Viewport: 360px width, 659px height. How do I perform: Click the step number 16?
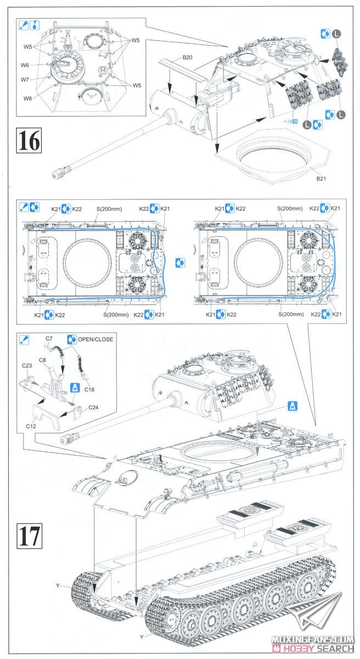pyautogui.click(x=29, y=140)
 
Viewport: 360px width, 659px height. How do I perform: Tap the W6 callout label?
pyautogui.click(x=25, y=65)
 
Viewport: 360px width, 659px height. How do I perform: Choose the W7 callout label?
pyautogui.click(x=25, y=80)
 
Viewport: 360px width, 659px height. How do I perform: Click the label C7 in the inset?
pyautogui.click(x=49, y=339)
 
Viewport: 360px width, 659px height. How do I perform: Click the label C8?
pyautogui.click(x=42, y=360)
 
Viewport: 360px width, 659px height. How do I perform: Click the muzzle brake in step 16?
pyautogui.click(x=58, y=175)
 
